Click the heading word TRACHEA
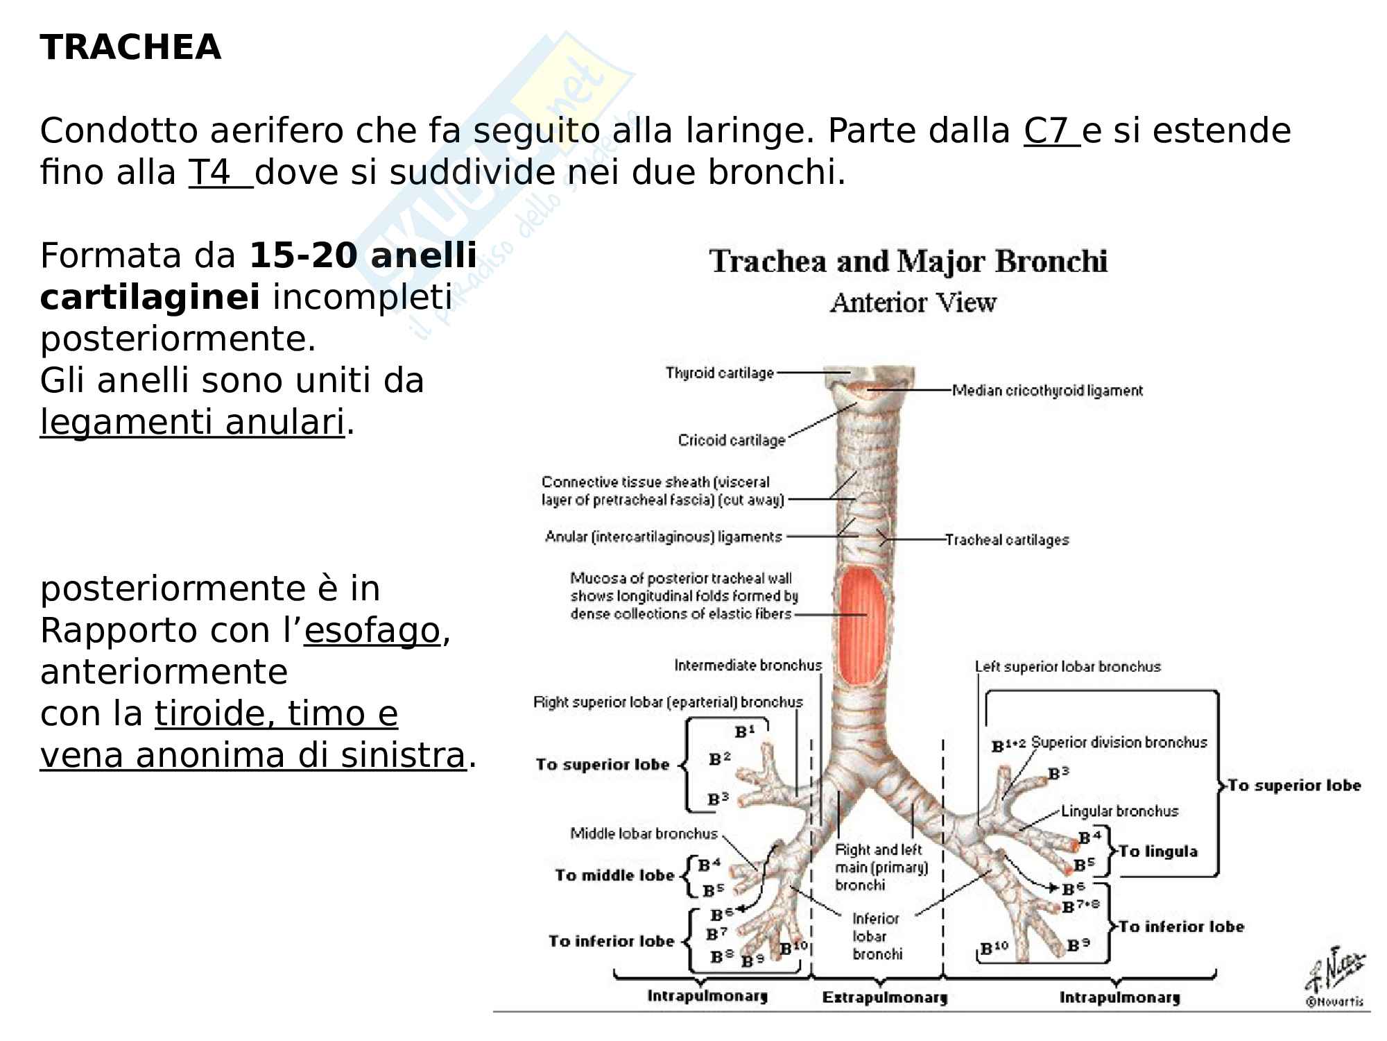click(130, 48)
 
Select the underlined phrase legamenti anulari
click(192, 422)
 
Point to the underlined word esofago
click(372, 631)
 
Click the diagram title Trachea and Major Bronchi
click(908, 262)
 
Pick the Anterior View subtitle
click(913, 303)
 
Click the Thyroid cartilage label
click(719, 373)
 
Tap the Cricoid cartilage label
click(731, 440)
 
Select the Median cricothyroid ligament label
click(1046, 391)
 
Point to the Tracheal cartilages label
click(1006, 540)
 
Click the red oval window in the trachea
click(863, 624)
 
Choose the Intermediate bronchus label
click(748, 666)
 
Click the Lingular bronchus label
click(1119, 811)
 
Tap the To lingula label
click(1157, 852)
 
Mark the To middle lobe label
click(614, 875)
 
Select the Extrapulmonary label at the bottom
click(884, 998)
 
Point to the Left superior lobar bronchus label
click(1067, 667)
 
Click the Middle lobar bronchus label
click(644, 833)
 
